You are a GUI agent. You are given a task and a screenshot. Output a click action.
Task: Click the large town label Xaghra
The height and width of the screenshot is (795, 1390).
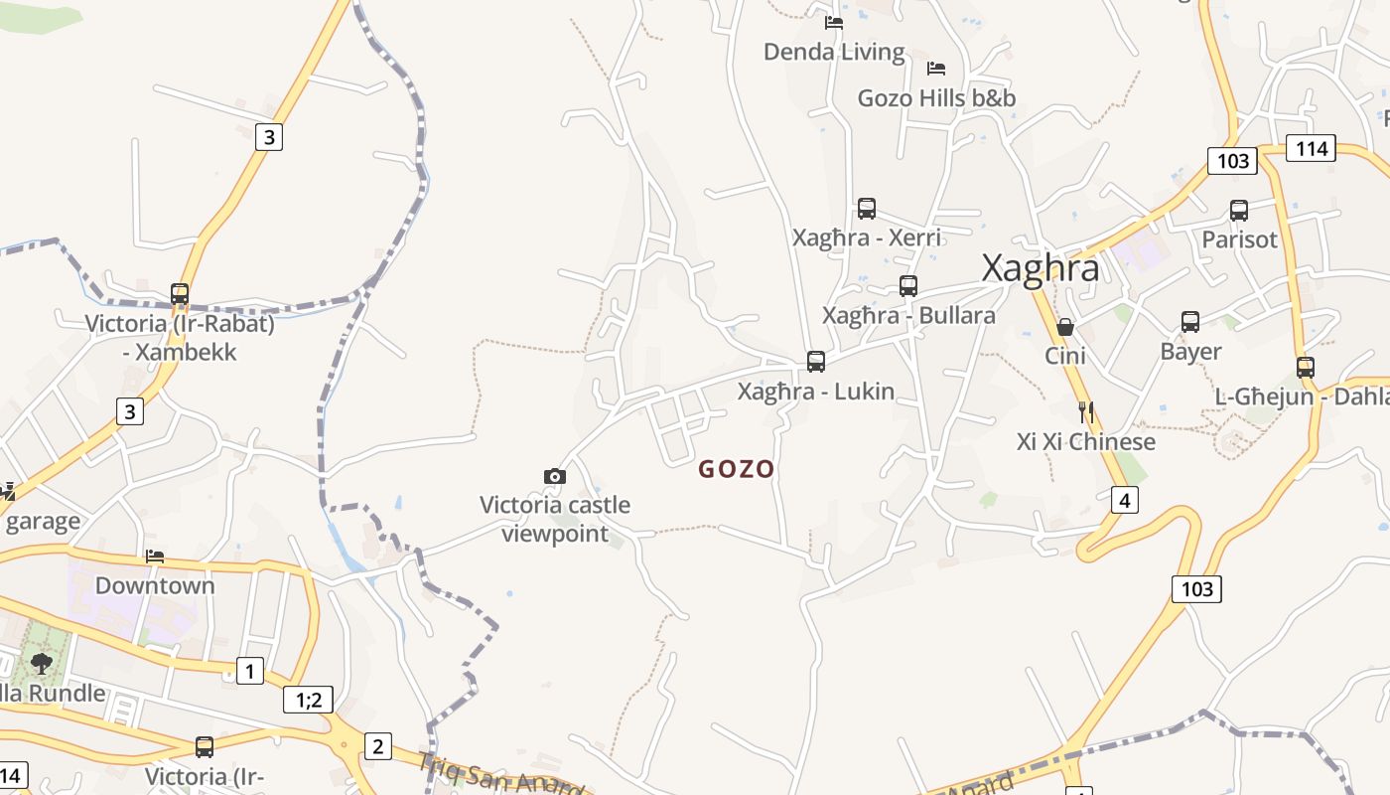point(1040,268)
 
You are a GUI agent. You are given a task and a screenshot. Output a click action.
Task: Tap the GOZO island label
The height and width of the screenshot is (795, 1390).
point(736,469)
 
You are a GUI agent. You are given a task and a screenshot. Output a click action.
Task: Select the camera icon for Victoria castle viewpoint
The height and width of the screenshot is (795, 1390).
point(555,477)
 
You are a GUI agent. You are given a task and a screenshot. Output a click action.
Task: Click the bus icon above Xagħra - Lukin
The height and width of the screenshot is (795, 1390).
point(816,362)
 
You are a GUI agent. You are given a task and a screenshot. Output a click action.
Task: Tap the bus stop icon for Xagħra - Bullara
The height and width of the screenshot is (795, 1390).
point(908,286)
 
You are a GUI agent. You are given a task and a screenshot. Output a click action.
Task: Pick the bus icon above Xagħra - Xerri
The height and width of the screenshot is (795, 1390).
point(867,209)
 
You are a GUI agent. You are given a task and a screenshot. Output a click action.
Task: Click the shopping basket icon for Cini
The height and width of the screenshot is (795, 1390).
point(1065,327)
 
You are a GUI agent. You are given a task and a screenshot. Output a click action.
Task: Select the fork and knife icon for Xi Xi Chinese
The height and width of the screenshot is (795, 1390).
point(1086,412)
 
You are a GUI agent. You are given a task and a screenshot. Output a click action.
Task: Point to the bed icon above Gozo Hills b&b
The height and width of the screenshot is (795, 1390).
point(935,69)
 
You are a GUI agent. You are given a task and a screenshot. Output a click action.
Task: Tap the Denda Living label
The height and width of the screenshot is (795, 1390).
point(834,52)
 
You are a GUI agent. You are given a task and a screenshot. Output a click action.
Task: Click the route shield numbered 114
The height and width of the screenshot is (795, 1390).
point(1312,148)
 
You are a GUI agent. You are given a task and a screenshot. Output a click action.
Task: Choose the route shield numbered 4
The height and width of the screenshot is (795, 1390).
point(1124,500)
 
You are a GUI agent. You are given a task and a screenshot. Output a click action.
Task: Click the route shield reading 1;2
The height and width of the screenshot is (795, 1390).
point(309,700)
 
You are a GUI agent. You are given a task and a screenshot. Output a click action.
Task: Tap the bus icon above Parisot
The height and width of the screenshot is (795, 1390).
point(1239,211)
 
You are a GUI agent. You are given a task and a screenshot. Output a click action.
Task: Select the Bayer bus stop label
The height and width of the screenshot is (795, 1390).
point(1190,352)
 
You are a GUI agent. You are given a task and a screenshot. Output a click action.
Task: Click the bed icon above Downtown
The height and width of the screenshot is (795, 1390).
point(155,556)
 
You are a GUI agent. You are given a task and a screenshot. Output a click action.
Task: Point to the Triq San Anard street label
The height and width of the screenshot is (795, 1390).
point(500,775)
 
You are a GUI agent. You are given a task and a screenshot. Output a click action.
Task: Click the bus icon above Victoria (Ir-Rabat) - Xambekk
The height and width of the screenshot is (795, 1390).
point(180,294)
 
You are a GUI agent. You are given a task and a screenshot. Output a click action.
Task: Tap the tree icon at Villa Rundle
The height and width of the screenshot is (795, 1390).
point(42,663)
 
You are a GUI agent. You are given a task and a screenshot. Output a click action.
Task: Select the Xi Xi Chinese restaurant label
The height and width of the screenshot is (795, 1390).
point(1086,441)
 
